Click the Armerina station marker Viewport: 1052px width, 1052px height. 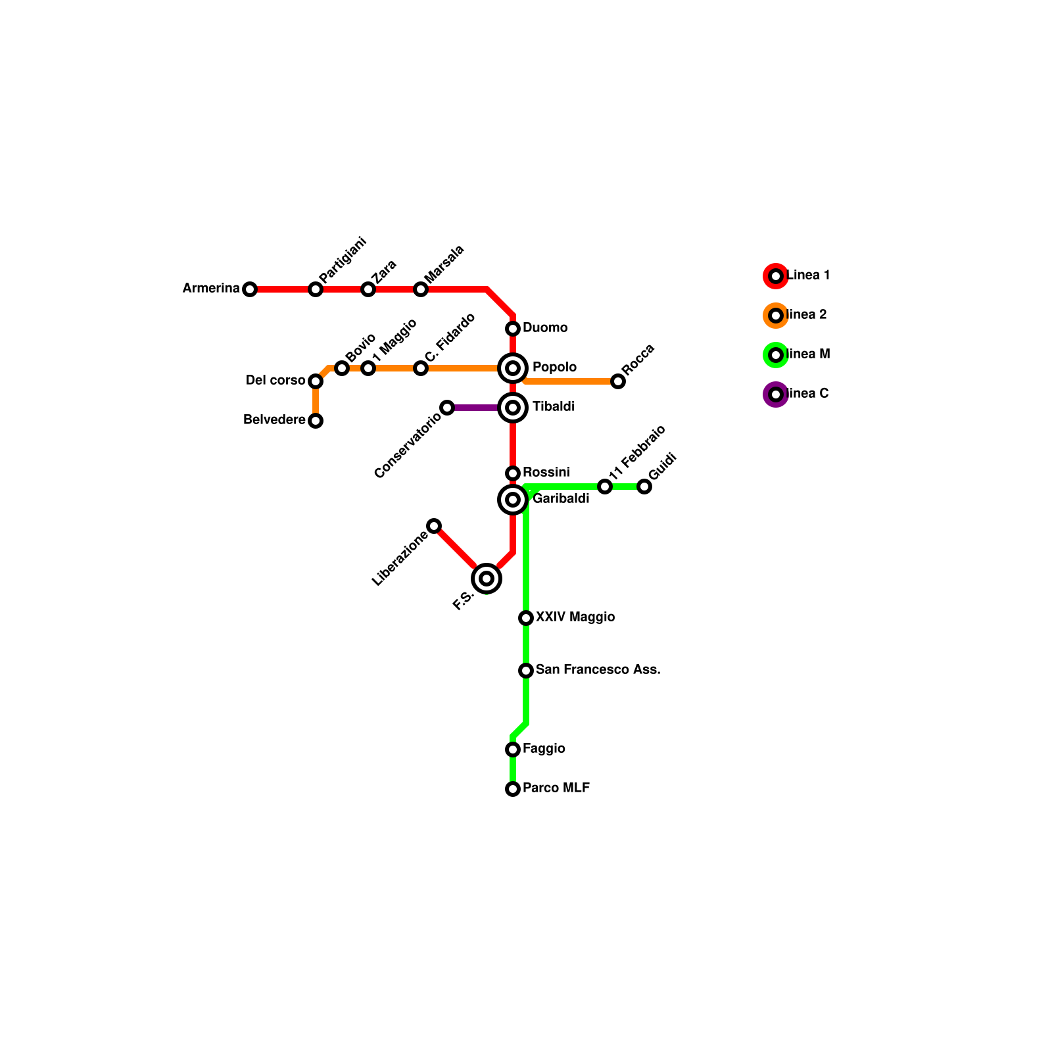(250, 289)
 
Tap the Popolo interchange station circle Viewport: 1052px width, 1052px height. (513, 368)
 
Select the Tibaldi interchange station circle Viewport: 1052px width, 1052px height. (513, 408)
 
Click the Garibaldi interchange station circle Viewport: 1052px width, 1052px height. (513, 500)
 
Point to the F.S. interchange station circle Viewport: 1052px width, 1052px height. (487, 579)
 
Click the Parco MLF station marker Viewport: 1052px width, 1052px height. (513, 789)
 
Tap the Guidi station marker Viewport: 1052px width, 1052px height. (644, 487)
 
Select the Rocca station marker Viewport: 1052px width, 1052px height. (618, 381)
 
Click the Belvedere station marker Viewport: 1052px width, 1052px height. (316, 421)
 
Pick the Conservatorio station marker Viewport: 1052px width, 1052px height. (447, 408)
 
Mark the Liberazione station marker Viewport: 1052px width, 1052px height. (434, 526)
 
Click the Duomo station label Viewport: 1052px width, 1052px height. (545, 328)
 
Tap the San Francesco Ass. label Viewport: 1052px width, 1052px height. (598, 670)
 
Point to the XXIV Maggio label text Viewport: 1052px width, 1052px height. (575, 617)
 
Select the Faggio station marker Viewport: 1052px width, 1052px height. (513, 750)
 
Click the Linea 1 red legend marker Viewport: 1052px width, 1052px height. (776, 276)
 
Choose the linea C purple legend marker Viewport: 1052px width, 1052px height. (776, 394)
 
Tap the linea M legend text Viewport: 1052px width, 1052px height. (809, 354)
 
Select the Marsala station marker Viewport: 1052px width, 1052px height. (421, 289)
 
